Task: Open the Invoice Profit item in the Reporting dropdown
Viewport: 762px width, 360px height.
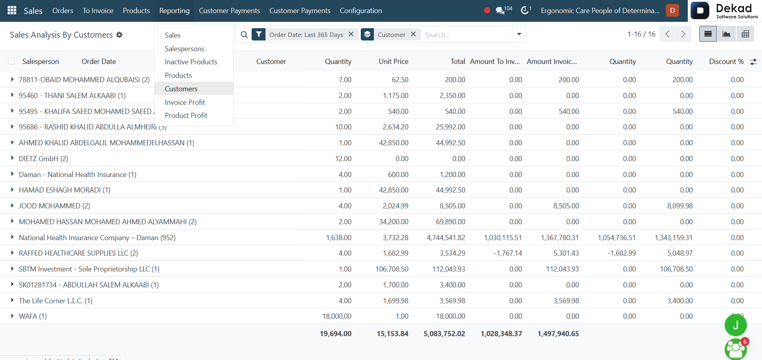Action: [x=185, y=102]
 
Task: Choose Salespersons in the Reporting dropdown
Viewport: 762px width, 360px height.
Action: [x=185, y=48]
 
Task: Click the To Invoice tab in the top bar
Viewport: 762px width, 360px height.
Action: [x=98, y=11]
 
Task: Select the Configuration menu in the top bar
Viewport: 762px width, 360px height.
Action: [x=361, y=11]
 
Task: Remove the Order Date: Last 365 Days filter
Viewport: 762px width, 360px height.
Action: [x=351, y=34]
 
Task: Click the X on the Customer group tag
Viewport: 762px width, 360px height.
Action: [x=413, y=34]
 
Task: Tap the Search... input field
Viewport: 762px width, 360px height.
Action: [x=466, y=35]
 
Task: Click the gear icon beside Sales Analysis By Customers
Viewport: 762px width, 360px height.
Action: [x=119, y=35]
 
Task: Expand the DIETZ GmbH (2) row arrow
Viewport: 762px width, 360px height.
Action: [x=12, y=158]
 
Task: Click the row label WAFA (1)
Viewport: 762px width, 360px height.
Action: [x=33, y=316]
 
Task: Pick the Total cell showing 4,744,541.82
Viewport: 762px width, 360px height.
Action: [x=446, y=237]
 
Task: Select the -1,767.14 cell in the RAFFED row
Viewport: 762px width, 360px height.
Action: [x=508, y=253]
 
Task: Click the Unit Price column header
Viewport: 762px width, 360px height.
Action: [x=393, y=62]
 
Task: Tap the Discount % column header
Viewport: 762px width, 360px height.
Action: [x=726, y=62]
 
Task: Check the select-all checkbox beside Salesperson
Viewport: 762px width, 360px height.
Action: [x=12, y=61]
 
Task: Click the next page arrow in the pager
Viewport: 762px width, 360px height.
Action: [x=683, y=34]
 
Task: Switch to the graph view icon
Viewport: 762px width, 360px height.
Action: [x=726, y=34]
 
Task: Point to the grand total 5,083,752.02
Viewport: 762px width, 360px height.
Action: [x=444, y=334]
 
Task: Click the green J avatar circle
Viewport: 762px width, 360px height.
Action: [x=735, y=325]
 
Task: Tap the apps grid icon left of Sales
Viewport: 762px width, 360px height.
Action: [x=12, y=10]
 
